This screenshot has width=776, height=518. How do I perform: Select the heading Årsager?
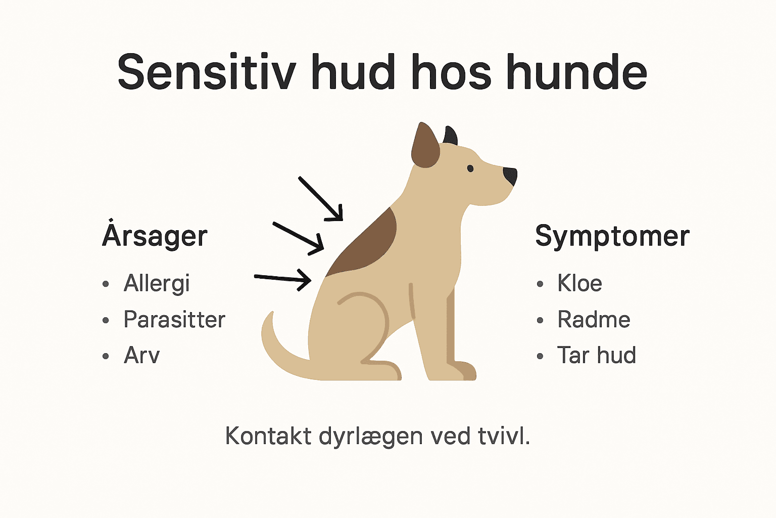(x=155, y=236)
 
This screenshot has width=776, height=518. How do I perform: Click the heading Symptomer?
(x=612, y=236)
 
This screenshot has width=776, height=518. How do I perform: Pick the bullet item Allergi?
(x=157, y=283)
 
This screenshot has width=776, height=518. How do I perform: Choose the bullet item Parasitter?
(x=174, y=320)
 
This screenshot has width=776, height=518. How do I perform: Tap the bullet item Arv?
(x=142, y=355)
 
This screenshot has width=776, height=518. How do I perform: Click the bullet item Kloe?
(x=579, y=283)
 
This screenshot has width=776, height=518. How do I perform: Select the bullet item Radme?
(x=594, y=320)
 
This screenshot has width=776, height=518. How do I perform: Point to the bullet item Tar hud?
(x=596, y=355)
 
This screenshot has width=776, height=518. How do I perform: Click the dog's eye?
(x=470, y=168)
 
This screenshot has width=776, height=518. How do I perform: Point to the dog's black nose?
(x=511, y=176)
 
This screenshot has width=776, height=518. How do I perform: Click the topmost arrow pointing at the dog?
(x=321, y=199)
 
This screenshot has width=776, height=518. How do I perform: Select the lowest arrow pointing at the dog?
(x=283, y=278)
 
